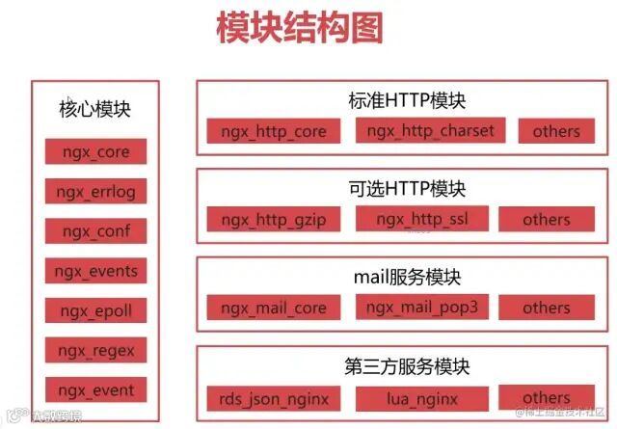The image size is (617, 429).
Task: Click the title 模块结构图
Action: (x=299, y=29)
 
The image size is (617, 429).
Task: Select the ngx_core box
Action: (x=95, y=153)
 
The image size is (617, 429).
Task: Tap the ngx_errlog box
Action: (x=95, y=192)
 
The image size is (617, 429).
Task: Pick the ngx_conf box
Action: (x=95, y=231)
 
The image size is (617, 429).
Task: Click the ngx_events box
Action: (x=95, y=271)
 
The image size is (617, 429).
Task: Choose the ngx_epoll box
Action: (x=95, y=310)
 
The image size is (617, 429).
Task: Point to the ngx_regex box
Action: (x=95, y=350)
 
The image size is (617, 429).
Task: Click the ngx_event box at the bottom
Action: (x=95, y=389)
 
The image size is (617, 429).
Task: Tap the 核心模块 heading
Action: (x=94, y=109)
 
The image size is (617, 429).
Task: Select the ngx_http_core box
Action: (x=274, y=131)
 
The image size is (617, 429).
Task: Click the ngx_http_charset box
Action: (x=430, y=130)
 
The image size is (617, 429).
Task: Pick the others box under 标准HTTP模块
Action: (x=556, y=131)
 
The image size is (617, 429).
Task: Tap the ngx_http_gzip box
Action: (x=274, y=220)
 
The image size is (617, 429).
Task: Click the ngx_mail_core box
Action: (x=274, y=308)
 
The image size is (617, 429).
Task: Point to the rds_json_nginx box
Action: (x=274, y=397)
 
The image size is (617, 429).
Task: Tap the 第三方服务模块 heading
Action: (x=406, y=366)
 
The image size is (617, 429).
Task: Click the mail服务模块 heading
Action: (x=406, y=278)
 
